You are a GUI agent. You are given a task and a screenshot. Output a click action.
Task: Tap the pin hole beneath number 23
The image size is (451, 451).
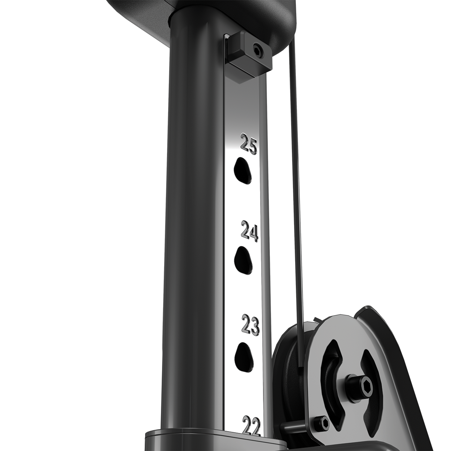[244, 354]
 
